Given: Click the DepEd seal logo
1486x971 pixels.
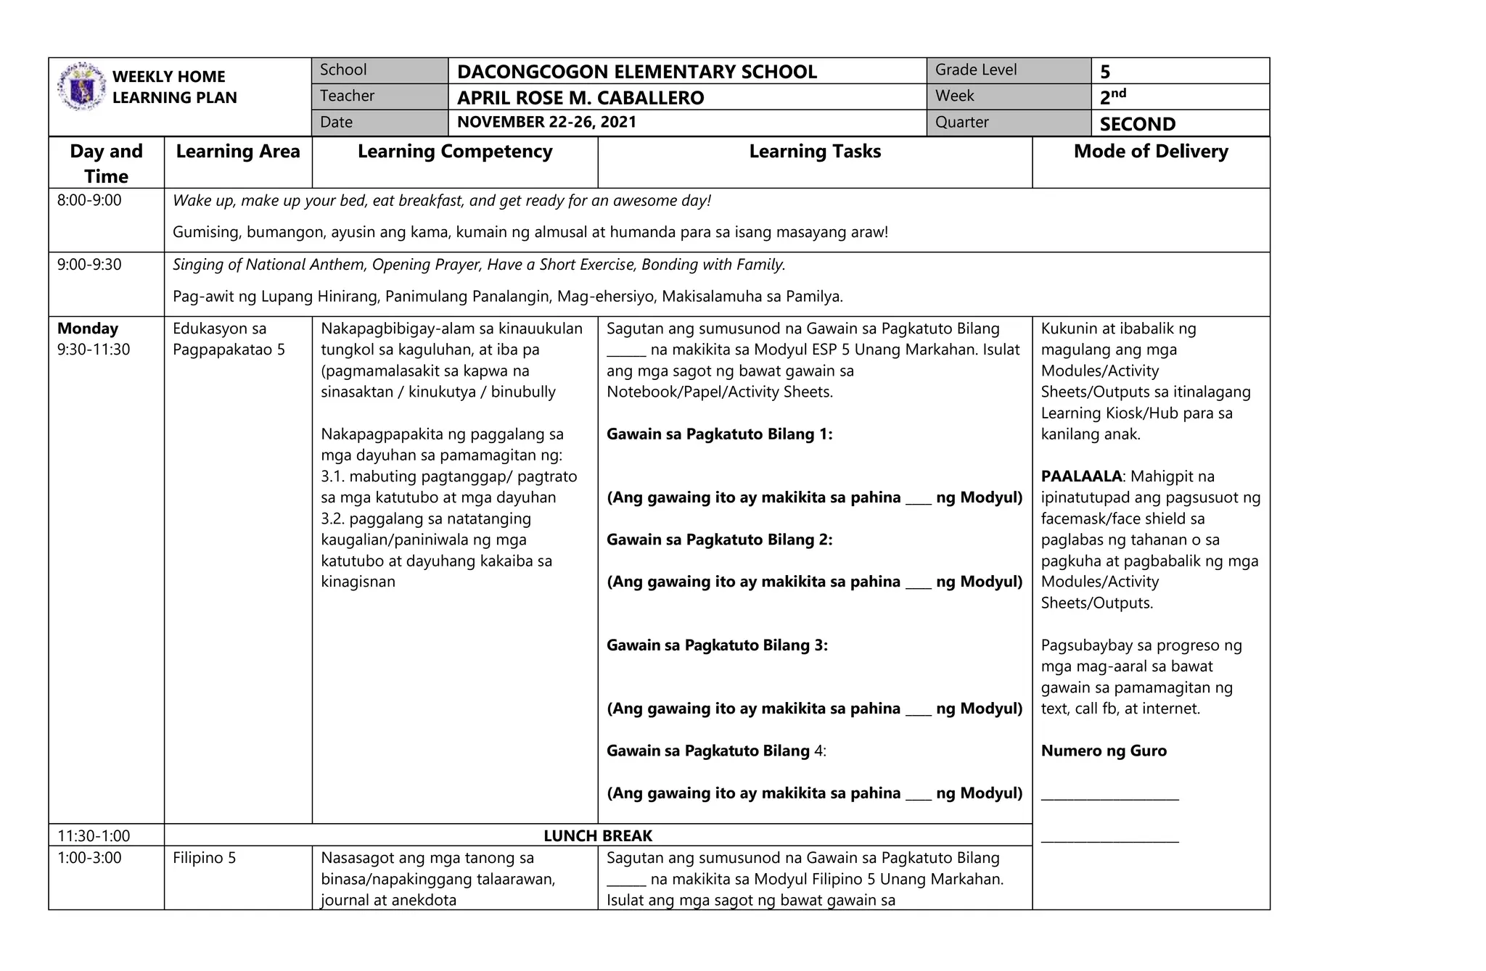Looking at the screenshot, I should click(x=81, y=86).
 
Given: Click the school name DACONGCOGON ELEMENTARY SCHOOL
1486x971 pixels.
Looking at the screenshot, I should click(x=636, y=72).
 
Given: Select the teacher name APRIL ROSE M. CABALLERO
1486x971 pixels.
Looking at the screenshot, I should click(x=580, y=98).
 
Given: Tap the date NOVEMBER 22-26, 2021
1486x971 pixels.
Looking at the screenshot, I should click(x=546, y=122).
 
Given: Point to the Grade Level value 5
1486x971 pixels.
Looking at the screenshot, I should click(x=1104, y=72).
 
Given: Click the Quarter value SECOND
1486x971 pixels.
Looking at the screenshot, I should click(x=1136, y=124).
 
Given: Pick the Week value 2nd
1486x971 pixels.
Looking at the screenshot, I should click(x=1112, y=96).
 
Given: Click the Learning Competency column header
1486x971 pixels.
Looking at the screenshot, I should click(x=454, y=152).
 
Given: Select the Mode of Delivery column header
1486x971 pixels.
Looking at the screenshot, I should click(x=1150, y=152).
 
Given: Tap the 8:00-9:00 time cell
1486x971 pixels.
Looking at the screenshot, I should click(x=89, y=200).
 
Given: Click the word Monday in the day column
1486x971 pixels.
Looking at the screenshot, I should click(x=87, y=329).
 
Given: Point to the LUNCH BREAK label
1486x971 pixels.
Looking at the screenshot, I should click(x=597, y=835).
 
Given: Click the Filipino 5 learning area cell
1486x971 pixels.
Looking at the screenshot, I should click(x=204, y=858).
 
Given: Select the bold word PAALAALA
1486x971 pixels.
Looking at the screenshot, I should click(x=1080, y=476).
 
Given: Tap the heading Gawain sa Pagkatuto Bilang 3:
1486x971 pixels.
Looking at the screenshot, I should click(x=716, y=645).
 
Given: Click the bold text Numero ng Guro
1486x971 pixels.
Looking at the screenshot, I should click(x=1103, y=751).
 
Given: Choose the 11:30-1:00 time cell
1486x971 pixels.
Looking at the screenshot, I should click(x=93, y=835).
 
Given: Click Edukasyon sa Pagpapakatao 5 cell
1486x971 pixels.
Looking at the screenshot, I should click(x=228, y=339).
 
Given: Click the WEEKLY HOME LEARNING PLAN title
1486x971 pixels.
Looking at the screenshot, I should click(x=173, y=87).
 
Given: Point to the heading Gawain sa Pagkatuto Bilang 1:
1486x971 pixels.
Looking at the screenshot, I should click(x=718, y=434).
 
